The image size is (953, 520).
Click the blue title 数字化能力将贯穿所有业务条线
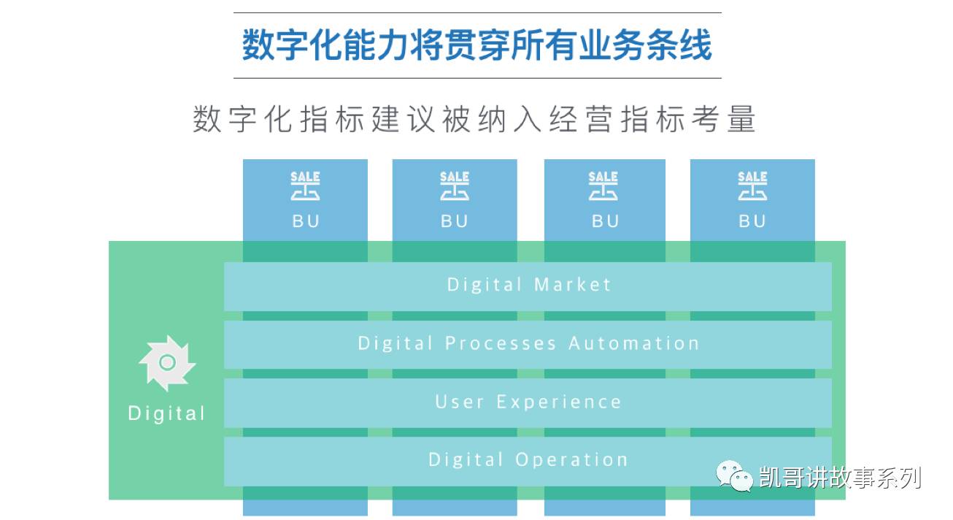(476, 45)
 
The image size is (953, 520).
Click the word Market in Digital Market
(573, 285)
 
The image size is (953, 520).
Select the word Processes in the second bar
(501, 343)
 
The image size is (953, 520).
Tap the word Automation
(634, 343)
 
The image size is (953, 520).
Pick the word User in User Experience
(460, 402)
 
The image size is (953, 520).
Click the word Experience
(559, 402)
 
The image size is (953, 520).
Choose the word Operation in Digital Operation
(571, 460)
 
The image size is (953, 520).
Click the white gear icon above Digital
(167, 363)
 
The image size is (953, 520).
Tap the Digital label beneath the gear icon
(166, 413)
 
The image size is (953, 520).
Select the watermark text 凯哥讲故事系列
(840, 478)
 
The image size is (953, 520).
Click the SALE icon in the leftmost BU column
(305, 186)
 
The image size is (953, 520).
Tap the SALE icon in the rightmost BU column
(752, 186)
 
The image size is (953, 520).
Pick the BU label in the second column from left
(455, 221)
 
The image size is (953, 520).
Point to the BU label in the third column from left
(605, 221)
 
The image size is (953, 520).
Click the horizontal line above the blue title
(477, 12)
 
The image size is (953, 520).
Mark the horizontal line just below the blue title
(477, 77)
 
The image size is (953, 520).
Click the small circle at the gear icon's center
(167, 362)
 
